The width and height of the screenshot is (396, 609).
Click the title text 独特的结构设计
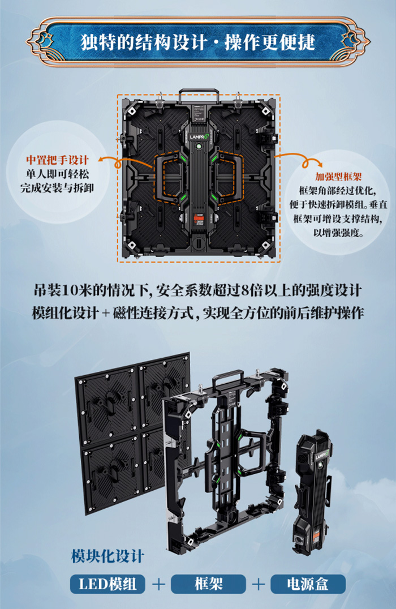click(x=144, y=42)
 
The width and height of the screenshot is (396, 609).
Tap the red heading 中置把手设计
click(x=58, y=160)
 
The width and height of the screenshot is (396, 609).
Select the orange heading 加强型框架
click(x=338, y=177)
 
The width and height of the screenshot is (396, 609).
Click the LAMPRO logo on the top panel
click(x=199, y=137)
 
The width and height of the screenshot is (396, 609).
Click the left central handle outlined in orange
click(x=170, y=179)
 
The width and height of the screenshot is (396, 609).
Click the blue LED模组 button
click(x=107, y=584)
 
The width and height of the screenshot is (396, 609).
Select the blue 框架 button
click(x=209, y=584)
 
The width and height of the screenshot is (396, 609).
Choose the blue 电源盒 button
click(x=308, y=584)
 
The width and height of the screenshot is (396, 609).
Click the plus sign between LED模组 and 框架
click(x=158, y=584)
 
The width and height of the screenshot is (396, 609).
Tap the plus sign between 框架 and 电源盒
click(x=258, y=584)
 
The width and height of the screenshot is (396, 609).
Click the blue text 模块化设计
click(x=107, y=556)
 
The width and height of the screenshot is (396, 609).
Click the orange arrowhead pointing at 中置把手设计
click(x=102, y=159)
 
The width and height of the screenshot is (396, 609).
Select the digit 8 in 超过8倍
click(x=246, y=290)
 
